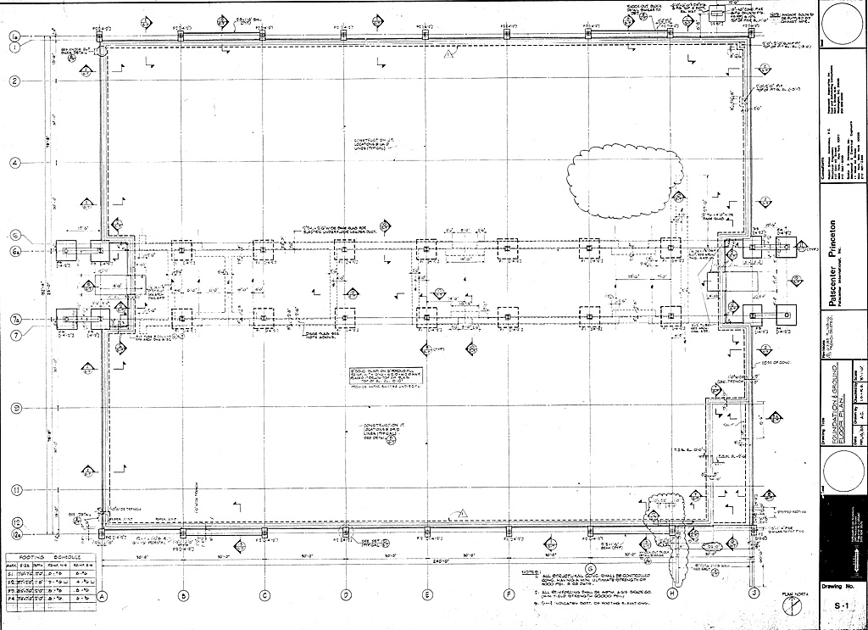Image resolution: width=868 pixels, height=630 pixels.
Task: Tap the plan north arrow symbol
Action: click(x=793, y=605)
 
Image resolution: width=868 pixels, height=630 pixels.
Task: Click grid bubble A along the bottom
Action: click(x=101, y=594)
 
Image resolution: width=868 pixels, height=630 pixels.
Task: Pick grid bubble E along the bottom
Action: click(x=426, y=594)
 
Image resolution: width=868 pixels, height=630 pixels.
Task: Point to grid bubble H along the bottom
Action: click(x=672, y=594)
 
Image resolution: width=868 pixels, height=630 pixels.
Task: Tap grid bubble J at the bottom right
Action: click(x=754, y=594)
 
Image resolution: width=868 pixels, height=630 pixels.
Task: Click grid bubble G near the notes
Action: click(x=590, y=569)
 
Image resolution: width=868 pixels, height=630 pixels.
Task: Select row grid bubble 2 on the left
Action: click(x=14, y=81)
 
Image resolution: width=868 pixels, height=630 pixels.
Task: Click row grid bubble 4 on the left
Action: click(x=14, y=162)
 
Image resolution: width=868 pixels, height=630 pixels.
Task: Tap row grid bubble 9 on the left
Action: click(x=14, y=408)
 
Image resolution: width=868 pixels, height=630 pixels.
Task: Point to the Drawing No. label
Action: click(x=840, y=586)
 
